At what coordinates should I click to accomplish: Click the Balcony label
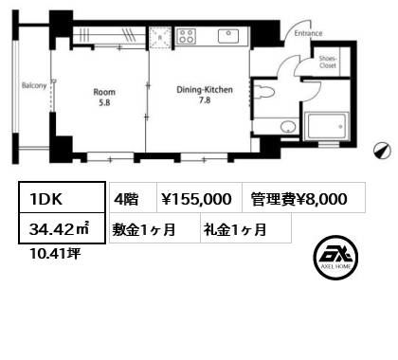(x=34, y=85)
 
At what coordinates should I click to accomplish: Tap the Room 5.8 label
(x=104, y=98)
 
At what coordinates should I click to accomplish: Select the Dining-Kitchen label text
(x=205, y=90)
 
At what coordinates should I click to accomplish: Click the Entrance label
(x=308, y=33)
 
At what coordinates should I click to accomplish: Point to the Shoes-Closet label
(x=328, y=62)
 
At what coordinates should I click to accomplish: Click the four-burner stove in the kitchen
(x=186, y=36)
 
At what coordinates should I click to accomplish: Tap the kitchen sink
(x=228, y=36)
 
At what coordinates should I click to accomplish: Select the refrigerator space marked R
(x=160, y=38)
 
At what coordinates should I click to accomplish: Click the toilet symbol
(x=263, y=92)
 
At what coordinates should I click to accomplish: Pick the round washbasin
(x=288, y=127)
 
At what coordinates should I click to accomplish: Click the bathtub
(x=327, y=126)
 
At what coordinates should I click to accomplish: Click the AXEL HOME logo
(x=335, y=258)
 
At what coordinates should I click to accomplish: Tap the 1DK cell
(x=62, y=197)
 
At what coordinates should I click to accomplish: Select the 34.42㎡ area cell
(x=62, y=228)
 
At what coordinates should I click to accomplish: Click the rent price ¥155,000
(x=200, y=197)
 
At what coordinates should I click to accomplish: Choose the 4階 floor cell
(x=133, y=197)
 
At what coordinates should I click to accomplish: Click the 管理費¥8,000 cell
(x=304, y=197)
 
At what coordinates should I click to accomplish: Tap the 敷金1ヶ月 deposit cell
(x=154, y=228)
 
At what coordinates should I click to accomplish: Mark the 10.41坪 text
(x=55, y=253)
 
